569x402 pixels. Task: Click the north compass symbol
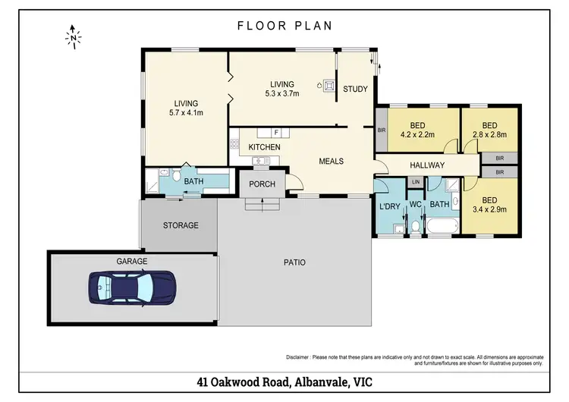tap(74, 37)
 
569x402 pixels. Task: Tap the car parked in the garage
tap(132, 287)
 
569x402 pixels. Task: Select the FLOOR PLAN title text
tap(284, 26)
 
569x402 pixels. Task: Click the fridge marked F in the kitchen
tap(276, 133)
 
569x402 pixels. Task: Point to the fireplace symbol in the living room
tap(329, 86)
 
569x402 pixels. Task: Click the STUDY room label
tap(355, 89)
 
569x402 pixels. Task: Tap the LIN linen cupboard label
tap(416, 182)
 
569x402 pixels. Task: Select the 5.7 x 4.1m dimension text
tap(186, 113)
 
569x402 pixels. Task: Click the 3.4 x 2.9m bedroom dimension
tap(489, 209)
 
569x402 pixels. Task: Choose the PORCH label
tap(262, 184)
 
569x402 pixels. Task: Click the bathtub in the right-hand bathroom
tap(442, 226)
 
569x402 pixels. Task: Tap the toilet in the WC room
tap(416, 228)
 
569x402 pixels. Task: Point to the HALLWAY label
tap(427, 165)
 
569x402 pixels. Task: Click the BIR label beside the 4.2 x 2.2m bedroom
tap(382, 130)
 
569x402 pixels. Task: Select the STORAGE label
tap(181, 225)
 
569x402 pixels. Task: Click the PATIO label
tap(294, 262)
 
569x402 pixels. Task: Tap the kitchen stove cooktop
tap(234, 143)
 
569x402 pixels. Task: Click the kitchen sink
tap(261, 160)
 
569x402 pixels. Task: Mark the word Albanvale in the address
tap(319, 382)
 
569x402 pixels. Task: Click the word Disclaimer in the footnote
tap(297, 357)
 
